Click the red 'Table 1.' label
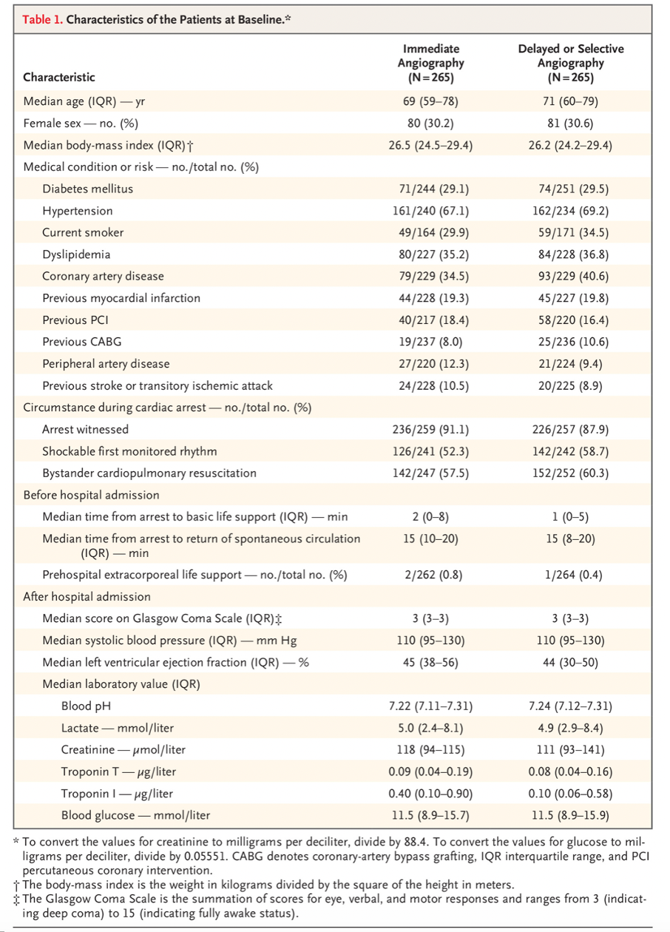click(42, 19)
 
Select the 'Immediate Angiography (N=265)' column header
click(431, 63)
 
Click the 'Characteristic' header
click(59, 77)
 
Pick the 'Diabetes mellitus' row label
click(88, 189)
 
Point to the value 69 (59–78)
click(430, 101)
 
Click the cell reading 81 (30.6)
click(570, 124)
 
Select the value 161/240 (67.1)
click(430, 211)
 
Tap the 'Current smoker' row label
click(83, 232)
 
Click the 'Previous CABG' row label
click(82, 342)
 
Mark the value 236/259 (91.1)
click(430, 429)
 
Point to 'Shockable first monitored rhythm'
click(129, 451)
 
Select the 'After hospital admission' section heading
click(87, 597)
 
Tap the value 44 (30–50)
click(570, 663)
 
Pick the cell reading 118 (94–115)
click(430, 750)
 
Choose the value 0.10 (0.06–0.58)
click(570, 794)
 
